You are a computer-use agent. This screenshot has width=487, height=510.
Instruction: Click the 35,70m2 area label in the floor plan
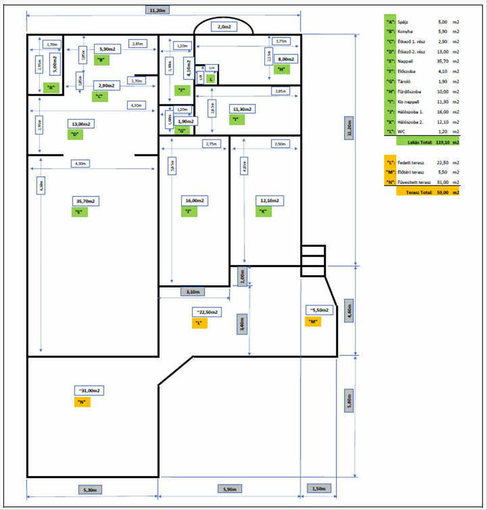(x=85, y=201)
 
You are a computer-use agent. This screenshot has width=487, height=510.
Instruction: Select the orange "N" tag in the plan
(x=82, y=401)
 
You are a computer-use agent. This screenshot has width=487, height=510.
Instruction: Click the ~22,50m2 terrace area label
(x=206, y=312)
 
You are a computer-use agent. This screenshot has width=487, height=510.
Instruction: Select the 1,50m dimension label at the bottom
(x=319, y=489)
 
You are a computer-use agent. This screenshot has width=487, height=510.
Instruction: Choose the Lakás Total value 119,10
(x=440, y=143)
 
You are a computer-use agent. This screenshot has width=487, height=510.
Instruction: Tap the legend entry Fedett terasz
(x=411, y=162)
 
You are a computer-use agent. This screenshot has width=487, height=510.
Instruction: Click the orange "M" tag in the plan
(x=313, y=321)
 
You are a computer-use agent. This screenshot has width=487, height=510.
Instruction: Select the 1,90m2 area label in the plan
(x=185, y=121)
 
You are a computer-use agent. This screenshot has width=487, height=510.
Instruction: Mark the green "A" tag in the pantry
(x=50, y=87)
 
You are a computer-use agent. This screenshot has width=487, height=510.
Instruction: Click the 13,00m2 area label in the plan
(x=81, y=124)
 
